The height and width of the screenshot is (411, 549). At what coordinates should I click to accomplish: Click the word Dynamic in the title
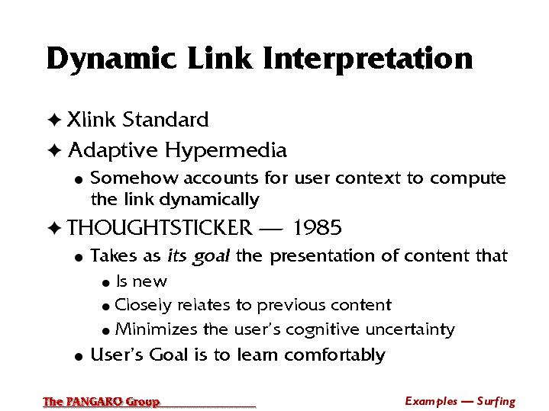click(x=111, y=59)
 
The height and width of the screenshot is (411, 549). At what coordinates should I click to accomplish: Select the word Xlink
click(x=91, y=119)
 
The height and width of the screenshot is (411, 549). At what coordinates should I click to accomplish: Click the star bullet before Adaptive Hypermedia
click(x=54, y=150)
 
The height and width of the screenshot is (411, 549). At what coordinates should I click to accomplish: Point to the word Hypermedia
click(x=226, y=151)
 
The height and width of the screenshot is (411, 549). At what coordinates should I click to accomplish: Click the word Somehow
click(x=134, y=178)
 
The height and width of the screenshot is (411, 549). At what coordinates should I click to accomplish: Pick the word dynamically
click(x=209, y=200)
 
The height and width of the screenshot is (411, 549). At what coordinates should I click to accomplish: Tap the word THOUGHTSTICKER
click(x=160, y=228)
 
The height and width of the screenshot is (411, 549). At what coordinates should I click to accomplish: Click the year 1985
click(x=317, y=228)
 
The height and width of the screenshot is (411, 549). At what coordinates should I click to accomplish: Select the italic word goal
click(x=211, y=256)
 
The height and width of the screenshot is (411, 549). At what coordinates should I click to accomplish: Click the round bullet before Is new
click(x=105, y=283)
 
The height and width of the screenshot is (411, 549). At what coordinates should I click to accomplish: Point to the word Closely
click(x=143, y=306)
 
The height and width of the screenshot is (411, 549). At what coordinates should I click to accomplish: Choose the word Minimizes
click(x=157, y=329)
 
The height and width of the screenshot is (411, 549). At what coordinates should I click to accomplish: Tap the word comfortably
click(x=334, y=355)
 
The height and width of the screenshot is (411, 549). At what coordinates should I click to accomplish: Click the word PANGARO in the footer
click(x=94, y=402)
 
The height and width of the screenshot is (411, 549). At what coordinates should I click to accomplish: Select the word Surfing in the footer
click(x=496, y=402)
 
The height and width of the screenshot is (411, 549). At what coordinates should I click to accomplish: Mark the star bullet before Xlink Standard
click(x=54, y=120)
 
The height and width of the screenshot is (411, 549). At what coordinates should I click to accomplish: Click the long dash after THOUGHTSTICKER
click(x=270, y=230)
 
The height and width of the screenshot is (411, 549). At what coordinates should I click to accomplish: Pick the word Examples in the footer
click(x=431, y=402)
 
